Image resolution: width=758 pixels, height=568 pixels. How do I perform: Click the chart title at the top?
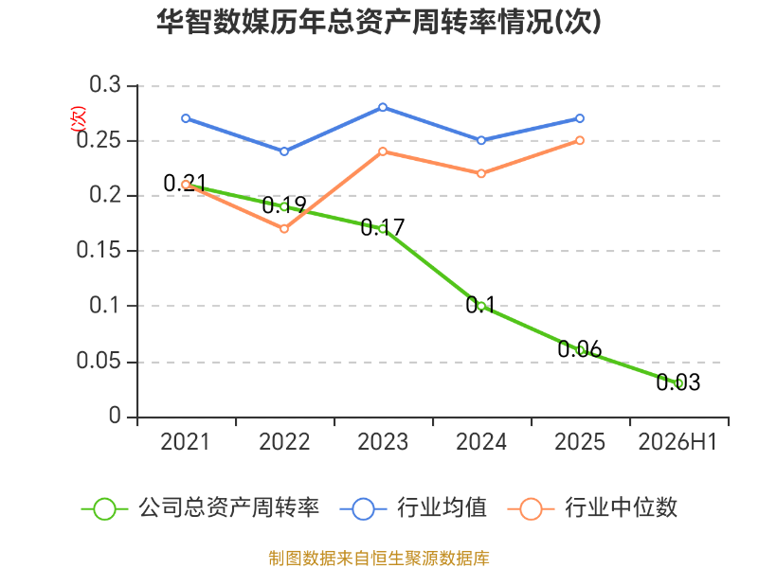[379, 22]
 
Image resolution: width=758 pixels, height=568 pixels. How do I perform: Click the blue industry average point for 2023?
[383, 107]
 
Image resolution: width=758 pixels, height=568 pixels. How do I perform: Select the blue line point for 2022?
[284, 151]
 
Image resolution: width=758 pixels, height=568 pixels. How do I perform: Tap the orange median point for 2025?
[580, 140]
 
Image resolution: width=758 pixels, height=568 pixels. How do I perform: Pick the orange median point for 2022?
[284, 228]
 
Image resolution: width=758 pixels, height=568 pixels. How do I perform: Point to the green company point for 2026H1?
[678, 383]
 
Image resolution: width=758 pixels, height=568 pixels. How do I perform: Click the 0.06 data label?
[580, 349]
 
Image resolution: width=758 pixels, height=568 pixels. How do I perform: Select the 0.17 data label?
[383, 227]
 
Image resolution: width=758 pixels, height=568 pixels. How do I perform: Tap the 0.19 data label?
[284, 205]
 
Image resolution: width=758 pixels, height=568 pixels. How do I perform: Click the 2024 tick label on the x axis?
[481, 442]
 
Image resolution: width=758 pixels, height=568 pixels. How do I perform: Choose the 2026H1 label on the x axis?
[677, 442]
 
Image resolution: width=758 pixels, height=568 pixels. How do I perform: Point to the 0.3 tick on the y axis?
[105, 84]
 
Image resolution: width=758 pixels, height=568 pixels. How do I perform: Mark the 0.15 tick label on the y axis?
[99, 250]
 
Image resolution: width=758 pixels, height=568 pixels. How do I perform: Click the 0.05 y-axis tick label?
[99, 361]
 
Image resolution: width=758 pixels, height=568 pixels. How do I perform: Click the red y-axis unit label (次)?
[78, 119]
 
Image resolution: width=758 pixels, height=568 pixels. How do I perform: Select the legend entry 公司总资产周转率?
[201, 508]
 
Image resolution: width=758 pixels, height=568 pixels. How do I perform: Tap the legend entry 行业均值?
[414, 508]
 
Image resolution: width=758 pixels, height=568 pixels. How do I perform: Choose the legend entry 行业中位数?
[593, 508]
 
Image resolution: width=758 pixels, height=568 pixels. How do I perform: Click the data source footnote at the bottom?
[379, 559]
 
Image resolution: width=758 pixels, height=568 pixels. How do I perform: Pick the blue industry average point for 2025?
[580, 118]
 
